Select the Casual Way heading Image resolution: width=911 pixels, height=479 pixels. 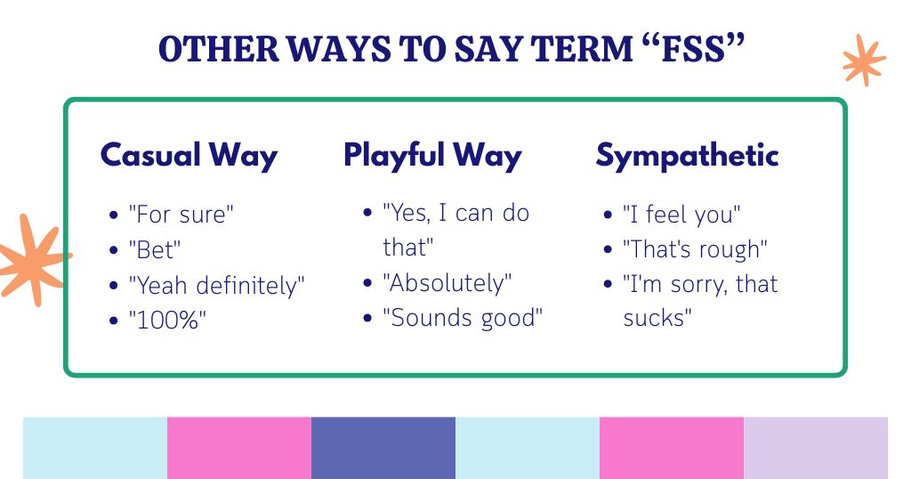189,155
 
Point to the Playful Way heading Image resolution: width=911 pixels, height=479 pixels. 432,155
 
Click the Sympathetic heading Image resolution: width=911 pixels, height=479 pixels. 687,155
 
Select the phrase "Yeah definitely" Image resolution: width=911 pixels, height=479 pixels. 217,286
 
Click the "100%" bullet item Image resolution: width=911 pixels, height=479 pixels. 167,321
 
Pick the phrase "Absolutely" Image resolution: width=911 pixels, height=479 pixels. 447,284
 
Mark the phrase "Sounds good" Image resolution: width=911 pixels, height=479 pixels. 463,319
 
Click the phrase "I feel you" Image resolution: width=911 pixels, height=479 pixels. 681,215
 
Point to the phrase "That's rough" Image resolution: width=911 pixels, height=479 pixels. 694,249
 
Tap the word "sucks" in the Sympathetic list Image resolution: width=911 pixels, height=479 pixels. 657,318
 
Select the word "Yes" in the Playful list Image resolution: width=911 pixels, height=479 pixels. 405,214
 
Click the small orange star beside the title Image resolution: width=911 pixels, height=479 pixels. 863,61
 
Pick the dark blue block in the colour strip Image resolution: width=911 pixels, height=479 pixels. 383,448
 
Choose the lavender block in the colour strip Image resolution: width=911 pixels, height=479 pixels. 815,448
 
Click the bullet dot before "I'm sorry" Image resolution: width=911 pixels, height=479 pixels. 608,285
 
